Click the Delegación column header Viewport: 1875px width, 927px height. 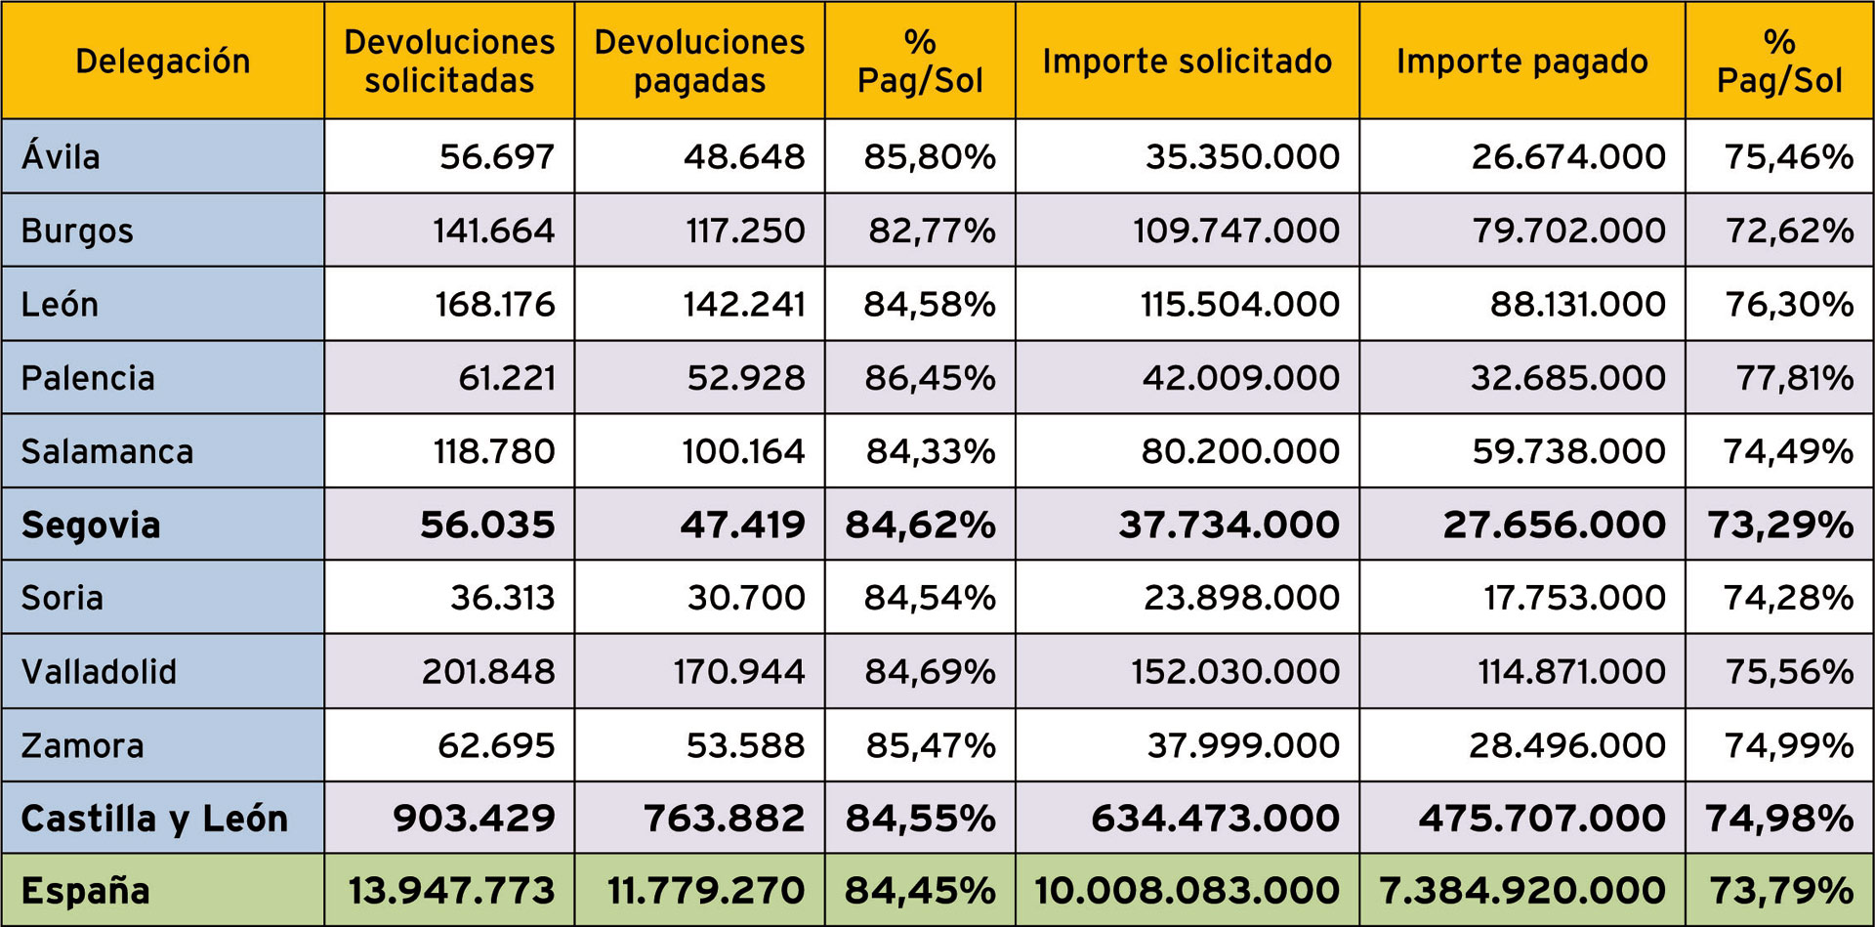(162, 61)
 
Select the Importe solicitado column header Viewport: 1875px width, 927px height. (1187, 61)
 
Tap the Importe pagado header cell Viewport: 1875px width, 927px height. (1521, 61)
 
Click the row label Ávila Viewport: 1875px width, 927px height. (61, 156)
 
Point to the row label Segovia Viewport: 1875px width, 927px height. (91, 525)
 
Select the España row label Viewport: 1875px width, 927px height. (85, 891)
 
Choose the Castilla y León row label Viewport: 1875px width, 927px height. (154, 819)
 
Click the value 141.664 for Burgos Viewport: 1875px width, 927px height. (493, 231)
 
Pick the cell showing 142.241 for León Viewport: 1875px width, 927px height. (743, 304)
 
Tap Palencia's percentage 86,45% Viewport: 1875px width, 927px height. (929, 377)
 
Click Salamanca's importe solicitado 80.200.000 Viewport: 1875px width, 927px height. (1240, 451)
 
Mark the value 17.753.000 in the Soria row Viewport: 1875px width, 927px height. (1574, 598)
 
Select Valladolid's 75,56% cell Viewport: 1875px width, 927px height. (1788, 672)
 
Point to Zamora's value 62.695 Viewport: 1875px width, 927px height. (495, 745)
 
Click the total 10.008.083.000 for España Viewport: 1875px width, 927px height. (1187, 891)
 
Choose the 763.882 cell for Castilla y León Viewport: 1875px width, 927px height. (724, 819)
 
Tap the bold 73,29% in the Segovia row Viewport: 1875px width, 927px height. (1779, 525)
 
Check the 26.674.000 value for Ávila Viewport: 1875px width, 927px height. (1568, 156)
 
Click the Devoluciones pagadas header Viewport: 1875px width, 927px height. (699, 61)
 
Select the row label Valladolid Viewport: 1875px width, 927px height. (99, 672)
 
